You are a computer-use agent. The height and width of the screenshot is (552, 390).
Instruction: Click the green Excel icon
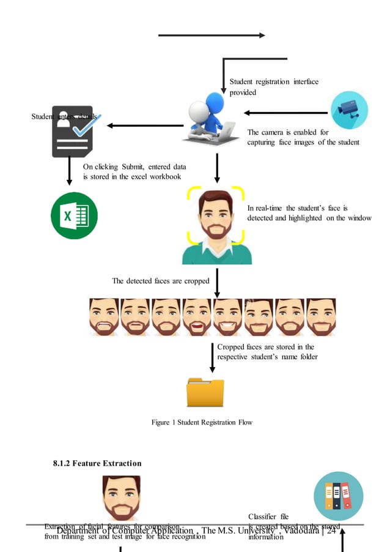[73, 215]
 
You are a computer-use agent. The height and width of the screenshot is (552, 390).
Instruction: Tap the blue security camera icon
[349, 110]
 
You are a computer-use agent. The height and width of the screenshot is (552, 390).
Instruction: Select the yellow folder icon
[205, 392]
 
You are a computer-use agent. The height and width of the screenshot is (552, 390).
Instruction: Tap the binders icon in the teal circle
[338, 496]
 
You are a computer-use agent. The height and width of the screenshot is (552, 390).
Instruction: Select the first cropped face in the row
[104, 317]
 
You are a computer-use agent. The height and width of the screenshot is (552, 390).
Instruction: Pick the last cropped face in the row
[320, 317]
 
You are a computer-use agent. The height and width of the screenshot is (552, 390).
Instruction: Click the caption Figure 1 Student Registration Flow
[202, 422]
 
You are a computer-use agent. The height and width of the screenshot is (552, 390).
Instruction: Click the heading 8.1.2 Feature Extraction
[97, 463]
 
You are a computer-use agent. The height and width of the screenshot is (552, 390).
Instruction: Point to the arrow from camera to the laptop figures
[285, 113]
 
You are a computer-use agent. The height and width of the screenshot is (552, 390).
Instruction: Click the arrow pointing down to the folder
[212, 360]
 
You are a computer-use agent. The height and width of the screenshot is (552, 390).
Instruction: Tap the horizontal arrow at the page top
[212, 35]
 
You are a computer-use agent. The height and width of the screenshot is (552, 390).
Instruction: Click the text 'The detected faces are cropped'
[160, 281]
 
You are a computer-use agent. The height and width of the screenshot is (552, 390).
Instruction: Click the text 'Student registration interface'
[274, 81]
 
